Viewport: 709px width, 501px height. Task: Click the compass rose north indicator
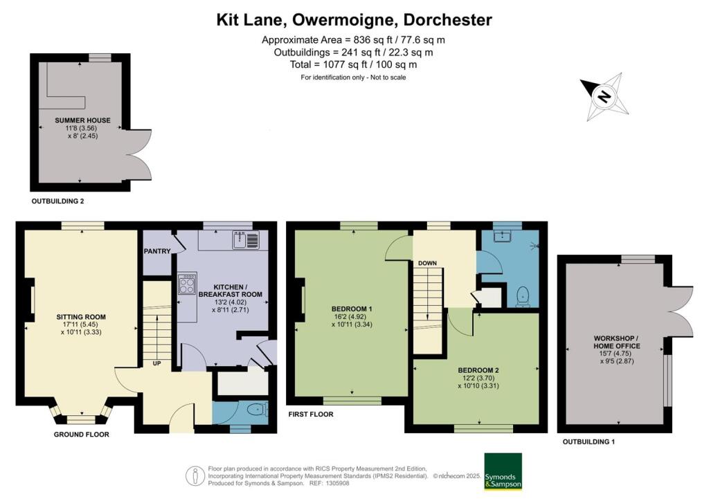point(604,97)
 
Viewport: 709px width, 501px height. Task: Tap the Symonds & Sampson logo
point(503,471)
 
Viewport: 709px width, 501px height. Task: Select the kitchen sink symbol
point(246,240)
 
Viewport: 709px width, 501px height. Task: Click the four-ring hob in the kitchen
point(187,283)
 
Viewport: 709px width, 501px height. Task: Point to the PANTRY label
point(157,251)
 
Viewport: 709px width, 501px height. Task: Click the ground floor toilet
point(258,410)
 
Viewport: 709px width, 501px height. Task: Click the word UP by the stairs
point(157,363)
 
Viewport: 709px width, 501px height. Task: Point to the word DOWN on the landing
point(427,263)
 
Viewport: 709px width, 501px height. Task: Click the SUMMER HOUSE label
point(83,120)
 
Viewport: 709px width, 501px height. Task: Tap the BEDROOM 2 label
point(478,370)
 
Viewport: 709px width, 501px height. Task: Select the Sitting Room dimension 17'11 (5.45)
point(81,325)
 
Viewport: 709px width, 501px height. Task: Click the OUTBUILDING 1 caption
point(589,441)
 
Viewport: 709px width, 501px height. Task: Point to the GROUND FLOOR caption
point(82,435)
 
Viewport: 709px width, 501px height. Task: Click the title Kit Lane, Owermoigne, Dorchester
point(354,20)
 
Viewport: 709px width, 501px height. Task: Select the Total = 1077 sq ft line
point(353,64)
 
